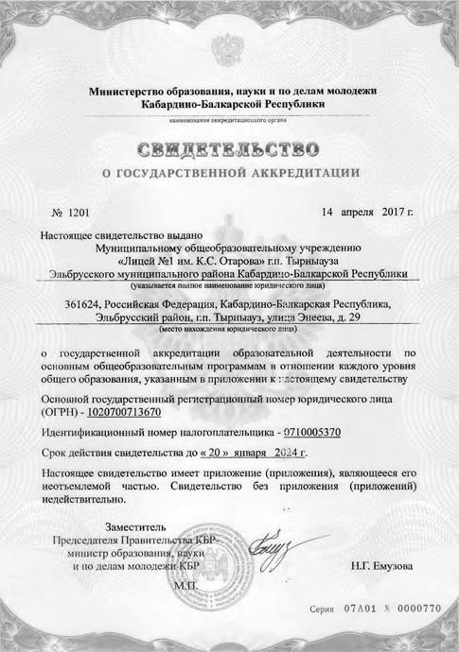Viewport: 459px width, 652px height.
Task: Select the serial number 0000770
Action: tap(421, 611)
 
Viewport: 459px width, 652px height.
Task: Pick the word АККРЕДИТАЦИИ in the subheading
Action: tap(303, 173)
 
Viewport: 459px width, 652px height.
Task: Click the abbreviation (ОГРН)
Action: tap(62, 411)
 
